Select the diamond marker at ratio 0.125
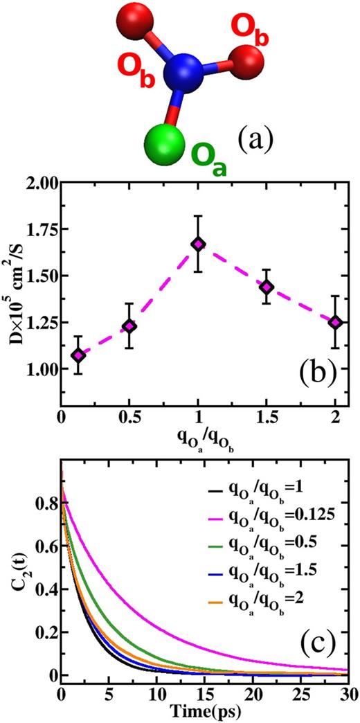click(79, 355)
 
